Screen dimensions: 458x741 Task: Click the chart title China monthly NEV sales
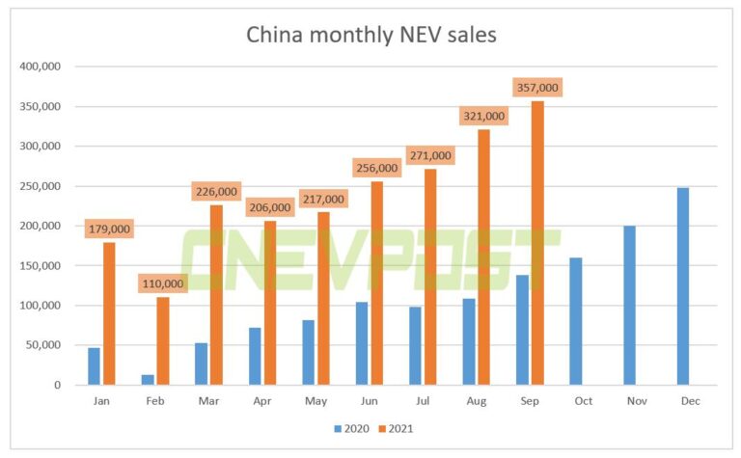click(x=371, y=36)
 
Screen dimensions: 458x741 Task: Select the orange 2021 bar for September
click(x=537, y=243)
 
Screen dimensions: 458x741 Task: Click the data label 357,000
click(x=537, y=88)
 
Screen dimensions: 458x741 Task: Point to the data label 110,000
click(x=163, y=284)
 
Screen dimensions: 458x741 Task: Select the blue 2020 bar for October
click(x=576, y=321)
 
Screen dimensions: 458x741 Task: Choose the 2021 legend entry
click(x=396, y=427)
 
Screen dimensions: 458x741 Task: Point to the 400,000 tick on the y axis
click(x=41, y=67)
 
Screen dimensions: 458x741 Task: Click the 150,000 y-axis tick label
click(x=41, y=266)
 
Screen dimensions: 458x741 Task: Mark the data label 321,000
click(x=483, y=116)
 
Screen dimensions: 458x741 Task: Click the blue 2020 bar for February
click(x=148, y=380)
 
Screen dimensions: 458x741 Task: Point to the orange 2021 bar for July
click(x=430, y=277)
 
